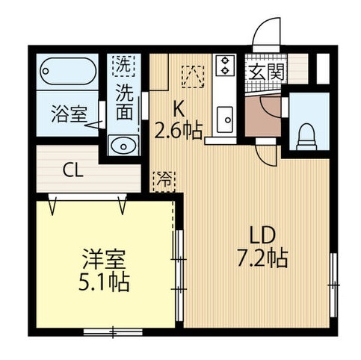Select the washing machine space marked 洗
(x=123, y=65)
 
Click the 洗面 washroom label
(x=125, y=104)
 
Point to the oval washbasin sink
(x=122, y=144)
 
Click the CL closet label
(x=72, y=170)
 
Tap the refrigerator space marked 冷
(x=162, y=180)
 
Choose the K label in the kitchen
(x=180, y=106)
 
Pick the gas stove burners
(x=224, y=66)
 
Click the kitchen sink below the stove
(x=224, y=116)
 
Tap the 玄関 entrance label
(x=265, y=72)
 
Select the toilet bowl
(x=307, y=135)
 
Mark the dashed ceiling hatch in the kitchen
(x=192, y=74)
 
